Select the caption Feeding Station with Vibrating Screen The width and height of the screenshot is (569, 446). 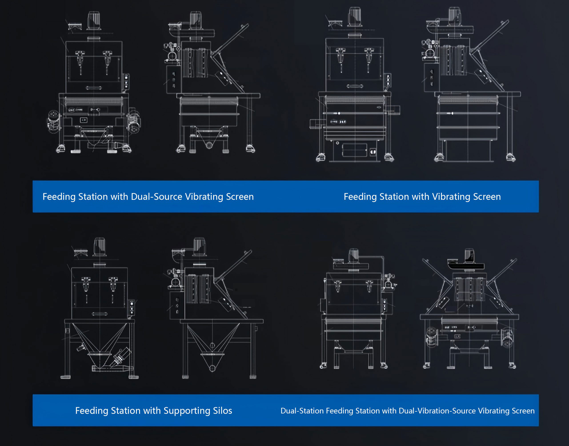click(422, 197)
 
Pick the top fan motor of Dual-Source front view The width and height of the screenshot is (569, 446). click(94, 21)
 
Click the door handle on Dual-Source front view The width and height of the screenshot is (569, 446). click(94, 88)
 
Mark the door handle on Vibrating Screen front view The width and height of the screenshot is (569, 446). click(355, 86)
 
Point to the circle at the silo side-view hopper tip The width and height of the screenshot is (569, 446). click(212, 368)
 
